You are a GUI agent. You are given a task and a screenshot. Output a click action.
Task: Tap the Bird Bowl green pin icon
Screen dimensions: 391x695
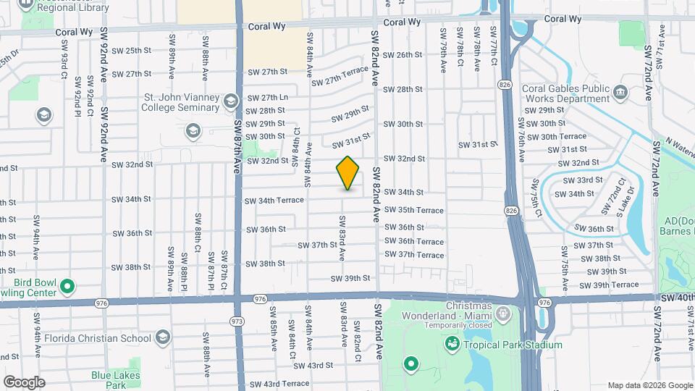[x=67, y=286]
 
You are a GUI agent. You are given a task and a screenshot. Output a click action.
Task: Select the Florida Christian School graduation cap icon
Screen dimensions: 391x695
[x=163, y=337]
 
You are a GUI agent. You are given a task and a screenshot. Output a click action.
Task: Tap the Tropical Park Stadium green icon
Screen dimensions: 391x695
[x=452, y=342]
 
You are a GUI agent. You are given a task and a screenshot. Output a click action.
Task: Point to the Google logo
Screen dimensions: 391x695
[x=24, y=382]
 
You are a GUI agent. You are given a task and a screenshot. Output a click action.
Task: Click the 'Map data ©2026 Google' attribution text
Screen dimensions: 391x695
[x=649, y=384]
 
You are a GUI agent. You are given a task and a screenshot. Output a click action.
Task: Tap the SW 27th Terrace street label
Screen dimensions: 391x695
[x=340, y=77]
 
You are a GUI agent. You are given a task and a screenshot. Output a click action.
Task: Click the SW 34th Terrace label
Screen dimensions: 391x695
[x=274, y=201]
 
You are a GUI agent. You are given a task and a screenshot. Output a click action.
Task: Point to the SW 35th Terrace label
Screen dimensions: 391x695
[x=414, y=210]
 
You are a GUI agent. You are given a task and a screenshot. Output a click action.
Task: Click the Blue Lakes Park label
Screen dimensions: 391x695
[x=109, y=379]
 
